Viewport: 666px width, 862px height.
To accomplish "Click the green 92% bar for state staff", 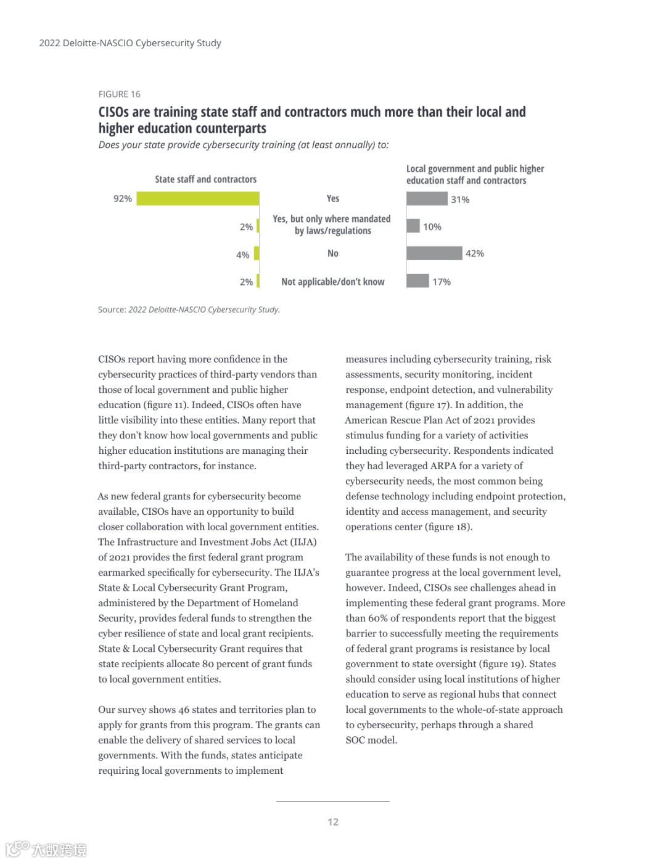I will [197, 199].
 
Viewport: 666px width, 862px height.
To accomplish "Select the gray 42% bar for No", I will [434, 253].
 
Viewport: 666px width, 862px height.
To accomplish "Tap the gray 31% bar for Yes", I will [427, 199].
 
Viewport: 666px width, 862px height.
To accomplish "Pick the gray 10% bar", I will [413, 226].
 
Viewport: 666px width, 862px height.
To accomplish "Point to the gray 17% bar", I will [417, 281].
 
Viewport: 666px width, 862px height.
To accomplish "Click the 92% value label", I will [122, 199].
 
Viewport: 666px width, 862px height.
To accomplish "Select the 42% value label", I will [475, 253].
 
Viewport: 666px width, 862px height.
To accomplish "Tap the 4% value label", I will [243, 255].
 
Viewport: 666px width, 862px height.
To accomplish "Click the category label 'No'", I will [333, 253].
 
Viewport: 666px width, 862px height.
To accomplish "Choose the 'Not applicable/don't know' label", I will [333, 282].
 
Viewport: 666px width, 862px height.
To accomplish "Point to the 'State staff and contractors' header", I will [205, 179].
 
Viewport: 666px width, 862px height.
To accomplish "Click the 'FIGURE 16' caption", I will [120, 94].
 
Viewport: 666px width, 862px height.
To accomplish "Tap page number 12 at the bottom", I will [333, 822].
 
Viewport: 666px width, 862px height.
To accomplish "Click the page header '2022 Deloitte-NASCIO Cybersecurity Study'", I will [130, 43].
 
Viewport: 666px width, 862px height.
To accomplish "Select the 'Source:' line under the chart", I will [189, 310].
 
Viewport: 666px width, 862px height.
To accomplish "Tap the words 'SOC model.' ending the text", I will [371, 740].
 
